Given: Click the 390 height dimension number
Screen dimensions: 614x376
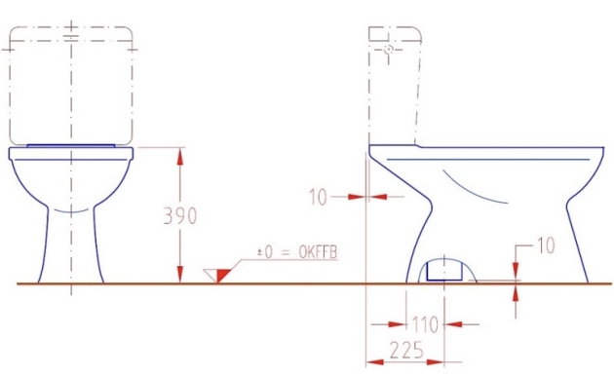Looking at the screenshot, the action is [179, 215].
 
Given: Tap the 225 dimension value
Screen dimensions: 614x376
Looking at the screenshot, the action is [406, 350].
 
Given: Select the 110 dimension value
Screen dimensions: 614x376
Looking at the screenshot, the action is [425, 324].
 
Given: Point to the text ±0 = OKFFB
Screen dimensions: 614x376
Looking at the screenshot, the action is [297, 252].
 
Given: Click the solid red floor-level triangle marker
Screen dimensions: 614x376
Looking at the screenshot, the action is [221, 275].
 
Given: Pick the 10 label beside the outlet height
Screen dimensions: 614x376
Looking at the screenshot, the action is [545, 245].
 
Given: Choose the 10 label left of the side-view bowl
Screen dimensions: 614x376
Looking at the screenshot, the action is [318, 197].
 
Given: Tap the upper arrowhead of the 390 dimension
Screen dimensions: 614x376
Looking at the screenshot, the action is [179, 157].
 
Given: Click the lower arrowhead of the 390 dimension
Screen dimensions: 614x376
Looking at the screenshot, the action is [179, 274].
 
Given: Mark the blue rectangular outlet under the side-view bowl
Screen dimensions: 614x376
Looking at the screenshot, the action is [444, 271].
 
